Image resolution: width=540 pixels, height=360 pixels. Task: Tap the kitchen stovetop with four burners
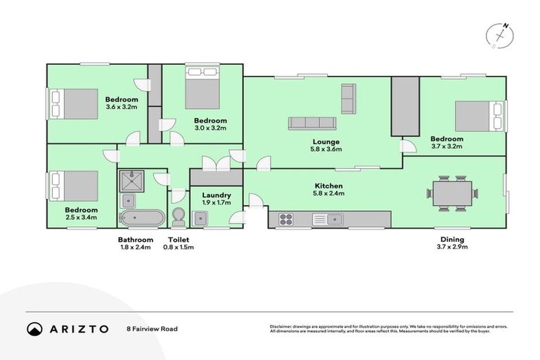pos(286,219)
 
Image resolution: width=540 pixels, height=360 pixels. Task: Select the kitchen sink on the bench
pos(327,219)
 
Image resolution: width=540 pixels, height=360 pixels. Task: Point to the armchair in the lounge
pos(348,98)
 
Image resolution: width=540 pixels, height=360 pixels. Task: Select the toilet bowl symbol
pos(178,217)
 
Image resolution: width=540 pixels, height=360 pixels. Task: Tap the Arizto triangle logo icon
pos(34,328)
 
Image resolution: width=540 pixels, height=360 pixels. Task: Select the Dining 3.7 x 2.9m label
pos(452,243)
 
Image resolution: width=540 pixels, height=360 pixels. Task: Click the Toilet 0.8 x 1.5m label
pos(178,243)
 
